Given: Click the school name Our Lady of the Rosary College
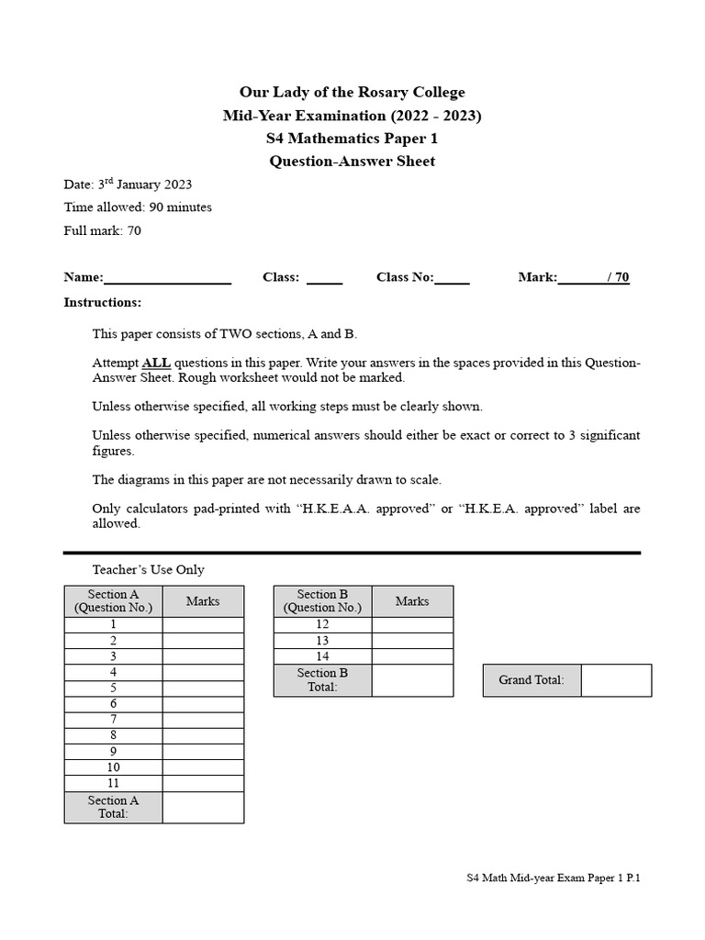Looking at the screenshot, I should (x=352, y=93).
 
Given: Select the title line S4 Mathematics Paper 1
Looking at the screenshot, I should (x=352, y=139).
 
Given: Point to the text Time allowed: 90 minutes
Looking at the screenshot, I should (x=138, y=207).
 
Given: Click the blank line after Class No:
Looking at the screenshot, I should (x=452, y=278).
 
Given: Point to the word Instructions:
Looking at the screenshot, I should (x=103, y=302).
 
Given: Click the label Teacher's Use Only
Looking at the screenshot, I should (x=149, y=570).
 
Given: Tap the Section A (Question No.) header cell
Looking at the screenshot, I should (x=113, y=601).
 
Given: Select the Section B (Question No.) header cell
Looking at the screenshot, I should (x=322, y=601).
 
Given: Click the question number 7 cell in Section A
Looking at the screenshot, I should (x=113, y=720).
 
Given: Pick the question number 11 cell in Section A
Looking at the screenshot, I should (x=113, y=783).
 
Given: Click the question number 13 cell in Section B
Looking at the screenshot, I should (x=322, y=641).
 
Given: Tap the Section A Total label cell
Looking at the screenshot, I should (x=113, y=807).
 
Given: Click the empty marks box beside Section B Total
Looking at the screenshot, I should (x=412, y=680).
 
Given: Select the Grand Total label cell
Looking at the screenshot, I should (x=532, y=680).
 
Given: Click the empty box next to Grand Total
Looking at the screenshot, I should (x=616, y=680).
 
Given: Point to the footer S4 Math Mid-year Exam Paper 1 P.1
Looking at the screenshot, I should (x=554, y=878).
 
